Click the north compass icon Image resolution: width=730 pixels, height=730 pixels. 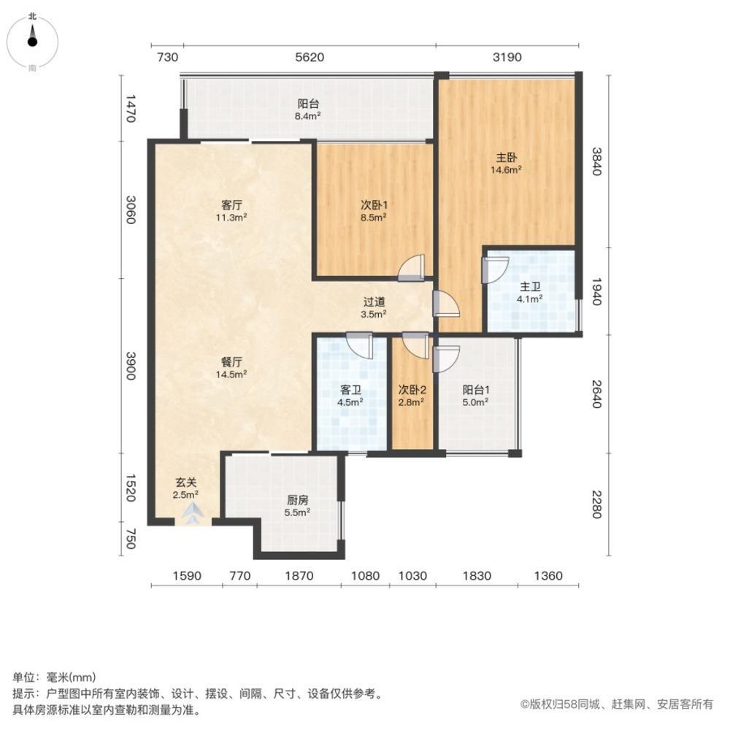(32, 41)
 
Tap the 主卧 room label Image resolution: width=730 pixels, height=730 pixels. (506, 158)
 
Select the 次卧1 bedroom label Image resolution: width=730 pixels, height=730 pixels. (374, 205)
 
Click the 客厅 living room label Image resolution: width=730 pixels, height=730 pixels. (231, 205)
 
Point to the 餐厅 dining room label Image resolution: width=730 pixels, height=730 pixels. (231, 362)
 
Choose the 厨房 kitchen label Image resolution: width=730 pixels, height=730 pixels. (298, 501)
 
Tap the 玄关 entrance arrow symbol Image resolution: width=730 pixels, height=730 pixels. (193, 513)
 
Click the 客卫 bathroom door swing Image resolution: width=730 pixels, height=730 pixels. (360, 345)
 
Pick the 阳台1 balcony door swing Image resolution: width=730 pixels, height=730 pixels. (447, 358)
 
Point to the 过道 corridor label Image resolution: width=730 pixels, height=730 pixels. (374, 302)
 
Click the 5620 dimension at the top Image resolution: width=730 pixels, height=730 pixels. (310, 57)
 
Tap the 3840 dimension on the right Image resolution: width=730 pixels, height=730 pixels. (597, 161)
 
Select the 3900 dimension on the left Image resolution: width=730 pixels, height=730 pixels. (131, 366)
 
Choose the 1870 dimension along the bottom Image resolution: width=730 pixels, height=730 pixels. (299, 576)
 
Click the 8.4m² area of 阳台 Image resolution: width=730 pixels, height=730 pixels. (308, 116)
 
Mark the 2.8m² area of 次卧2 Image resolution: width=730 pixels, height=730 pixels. (411, 402)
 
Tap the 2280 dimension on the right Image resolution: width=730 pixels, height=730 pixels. (597, 504)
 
